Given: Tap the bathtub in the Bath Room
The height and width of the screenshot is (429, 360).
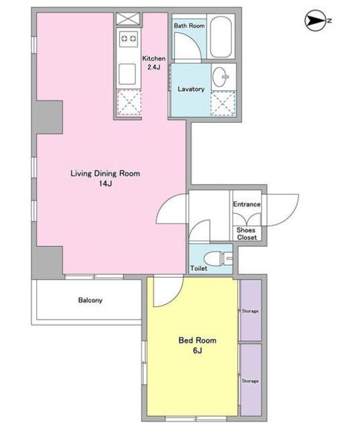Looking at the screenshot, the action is [221, 37].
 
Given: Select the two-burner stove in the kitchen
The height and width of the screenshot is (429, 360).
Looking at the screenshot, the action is [129, 39].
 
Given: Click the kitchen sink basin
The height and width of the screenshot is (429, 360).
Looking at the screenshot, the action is [127, 74].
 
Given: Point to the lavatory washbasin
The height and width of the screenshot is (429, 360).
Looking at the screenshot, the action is [221, 77].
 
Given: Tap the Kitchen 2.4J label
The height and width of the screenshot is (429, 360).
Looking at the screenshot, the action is [154, 62].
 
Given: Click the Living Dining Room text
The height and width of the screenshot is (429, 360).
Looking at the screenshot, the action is [105, 174].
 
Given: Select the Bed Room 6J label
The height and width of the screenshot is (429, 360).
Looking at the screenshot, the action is [198, 345].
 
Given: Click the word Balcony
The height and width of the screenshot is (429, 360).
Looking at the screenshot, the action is [91, 300].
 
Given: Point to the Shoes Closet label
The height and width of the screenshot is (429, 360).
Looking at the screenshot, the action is [247, 234].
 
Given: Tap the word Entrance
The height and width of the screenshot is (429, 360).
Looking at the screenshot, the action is [247, 204].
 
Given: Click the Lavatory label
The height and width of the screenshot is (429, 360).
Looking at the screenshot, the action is [191, 89].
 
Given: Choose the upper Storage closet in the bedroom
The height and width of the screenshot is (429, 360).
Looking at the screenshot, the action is [251, 310].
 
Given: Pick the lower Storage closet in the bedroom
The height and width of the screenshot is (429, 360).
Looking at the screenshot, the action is [251, 379].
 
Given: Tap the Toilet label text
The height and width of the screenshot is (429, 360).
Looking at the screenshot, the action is [199, 268].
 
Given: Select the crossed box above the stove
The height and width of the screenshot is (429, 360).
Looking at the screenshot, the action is [128, 19].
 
